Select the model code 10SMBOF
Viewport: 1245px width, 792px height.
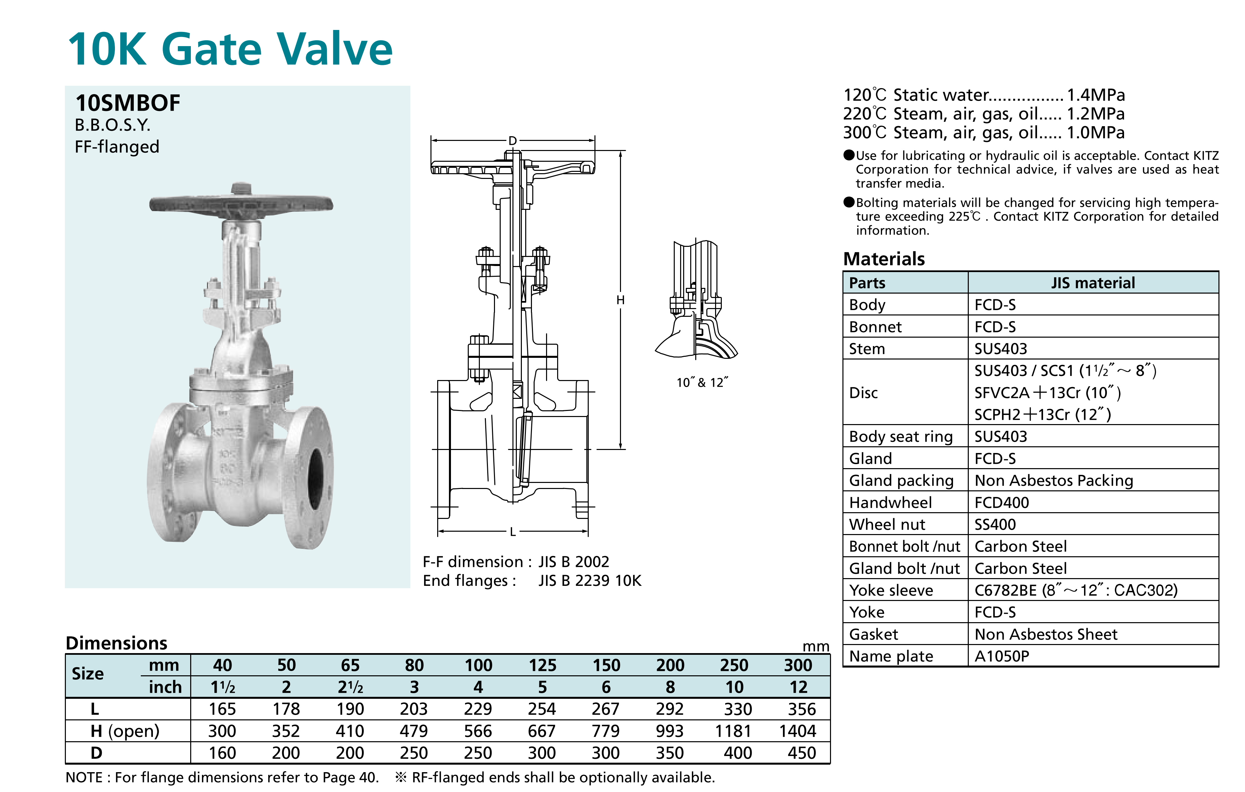[128, 103]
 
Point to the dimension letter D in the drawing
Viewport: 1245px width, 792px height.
[512, 141]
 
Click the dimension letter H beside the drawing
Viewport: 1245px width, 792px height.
[620, 300]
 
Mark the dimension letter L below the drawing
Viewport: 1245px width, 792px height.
[512, 532]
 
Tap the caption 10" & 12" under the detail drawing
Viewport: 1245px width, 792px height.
[702, 382]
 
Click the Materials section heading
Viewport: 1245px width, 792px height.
[884, 259]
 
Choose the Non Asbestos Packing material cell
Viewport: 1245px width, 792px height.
[1054, 481]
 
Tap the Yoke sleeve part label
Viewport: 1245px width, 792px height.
[891, 590]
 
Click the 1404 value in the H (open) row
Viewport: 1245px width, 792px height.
[797, 731]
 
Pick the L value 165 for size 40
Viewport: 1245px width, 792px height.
[222, 709]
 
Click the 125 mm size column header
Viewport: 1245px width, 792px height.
[542, 665]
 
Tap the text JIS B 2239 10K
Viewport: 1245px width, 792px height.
[589, 580]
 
